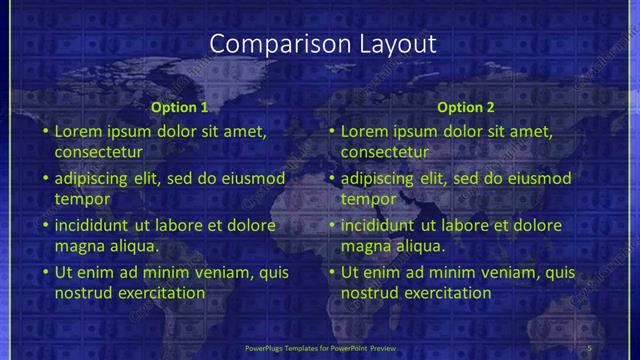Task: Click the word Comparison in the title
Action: tap(266, 44)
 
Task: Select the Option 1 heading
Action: tap(180, 107)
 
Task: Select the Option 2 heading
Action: tap(466, 107)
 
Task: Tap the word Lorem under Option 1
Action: tap(79, 131)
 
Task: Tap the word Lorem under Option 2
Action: tap(365, 131)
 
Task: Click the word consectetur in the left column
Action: tap(98, 152)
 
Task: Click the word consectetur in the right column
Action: tap(384, 152)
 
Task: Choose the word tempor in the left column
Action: tap(78, 199)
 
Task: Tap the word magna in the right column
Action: tap(364, 245)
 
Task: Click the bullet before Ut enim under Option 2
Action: tap(332, 272)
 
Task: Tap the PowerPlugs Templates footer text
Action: tap(319, 348)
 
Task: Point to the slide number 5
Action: tap(589, 348)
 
